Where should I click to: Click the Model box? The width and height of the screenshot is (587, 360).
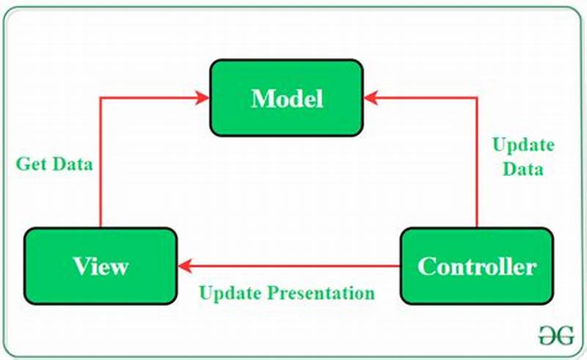coord(287,98)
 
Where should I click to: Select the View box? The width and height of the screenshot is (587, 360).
coord(101,265)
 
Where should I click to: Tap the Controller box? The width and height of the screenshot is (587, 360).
coord(476,265)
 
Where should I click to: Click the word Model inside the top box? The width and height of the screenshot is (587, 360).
coord(287,98)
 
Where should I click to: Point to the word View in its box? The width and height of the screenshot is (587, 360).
coord(101,265)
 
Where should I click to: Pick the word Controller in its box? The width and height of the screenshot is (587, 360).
coord(476,265)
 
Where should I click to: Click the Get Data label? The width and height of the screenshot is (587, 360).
coord(54,164)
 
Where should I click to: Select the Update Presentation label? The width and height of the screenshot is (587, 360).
coord(287,293)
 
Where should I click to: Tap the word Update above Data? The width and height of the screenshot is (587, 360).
coord(522,144)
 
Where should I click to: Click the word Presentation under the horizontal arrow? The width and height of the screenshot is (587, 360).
coord(321,293)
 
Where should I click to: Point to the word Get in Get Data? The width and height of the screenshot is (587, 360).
coord(30,164)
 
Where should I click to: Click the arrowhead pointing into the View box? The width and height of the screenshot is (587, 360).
coord(183,266)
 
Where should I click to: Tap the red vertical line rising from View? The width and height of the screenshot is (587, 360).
coord(101,169)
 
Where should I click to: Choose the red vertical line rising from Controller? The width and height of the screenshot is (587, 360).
coord(477,176)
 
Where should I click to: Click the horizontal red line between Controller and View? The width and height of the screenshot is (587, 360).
coord(293,266)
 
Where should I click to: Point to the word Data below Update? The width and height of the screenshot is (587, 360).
coord(522,169)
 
